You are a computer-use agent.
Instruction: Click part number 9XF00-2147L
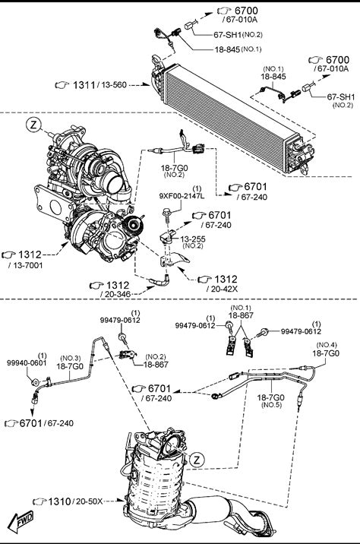point(182,196)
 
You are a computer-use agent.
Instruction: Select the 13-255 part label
point(193,239)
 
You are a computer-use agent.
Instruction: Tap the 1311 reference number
point(84,84)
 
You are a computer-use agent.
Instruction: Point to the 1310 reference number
point(59,501)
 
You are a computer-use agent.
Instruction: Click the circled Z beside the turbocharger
point(33,125)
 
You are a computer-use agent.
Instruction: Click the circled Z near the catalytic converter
point(197,460)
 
